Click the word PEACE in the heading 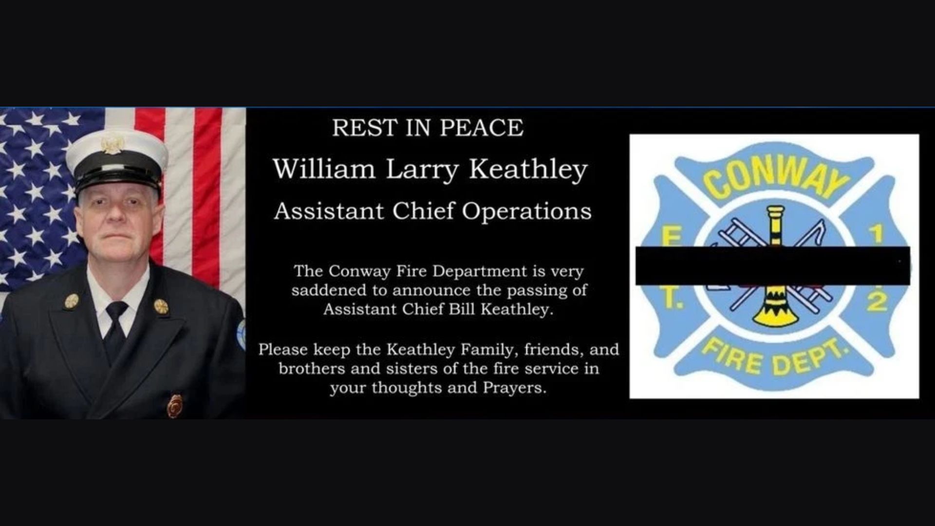pyautogui.click(x=482, y=128)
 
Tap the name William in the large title pyautogui.click(x=324, y=169)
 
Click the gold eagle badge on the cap pyautogui.click(x=112, y=144)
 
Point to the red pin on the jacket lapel pyautogui.click(x=175, y=405)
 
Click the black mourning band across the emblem pyautogui.click(x=773, y=265)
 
